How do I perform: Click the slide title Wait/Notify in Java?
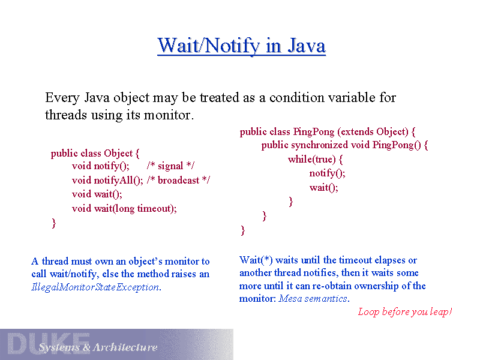(241, 46)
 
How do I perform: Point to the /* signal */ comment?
(170, 166)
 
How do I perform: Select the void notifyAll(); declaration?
(107, 180)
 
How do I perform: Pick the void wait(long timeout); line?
(124, 208)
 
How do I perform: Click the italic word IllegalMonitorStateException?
(95, 287)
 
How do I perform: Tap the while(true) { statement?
(315, 159)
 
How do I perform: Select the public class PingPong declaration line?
(328, 131)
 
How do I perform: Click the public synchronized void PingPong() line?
(344, 145)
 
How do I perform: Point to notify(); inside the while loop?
(327, 173)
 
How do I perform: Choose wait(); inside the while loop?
(323, 187)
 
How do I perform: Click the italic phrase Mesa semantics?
(313, 298)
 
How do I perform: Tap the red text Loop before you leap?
(404, 311)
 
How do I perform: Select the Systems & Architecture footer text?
(98, 347)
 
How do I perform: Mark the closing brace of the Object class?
(53, 223)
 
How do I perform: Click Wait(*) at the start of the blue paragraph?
(256, 260)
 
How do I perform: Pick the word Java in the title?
(305, 46)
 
